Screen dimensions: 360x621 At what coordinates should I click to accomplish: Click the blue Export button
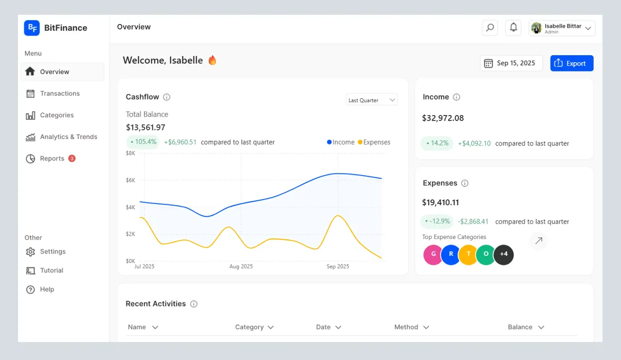pyautogui.click(x=571, y=63)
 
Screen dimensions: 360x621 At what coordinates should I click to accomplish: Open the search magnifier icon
pyautogui.click(x=490, y=28)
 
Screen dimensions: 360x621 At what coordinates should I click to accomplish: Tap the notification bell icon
pyautogui.click(x=513, y=28)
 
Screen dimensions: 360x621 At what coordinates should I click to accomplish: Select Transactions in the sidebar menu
pyautogui.click(x=59, y=93)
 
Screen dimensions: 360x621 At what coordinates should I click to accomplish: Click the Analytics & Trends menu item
pyautogui.click(x=68, y=137)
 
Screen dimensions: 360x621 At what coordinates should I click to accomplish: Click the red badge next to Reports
pyautogui.click(x=72, y=158)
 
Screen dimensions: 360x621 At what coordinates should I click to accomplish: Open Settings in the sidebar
pyautogui.click(x=52, y=251)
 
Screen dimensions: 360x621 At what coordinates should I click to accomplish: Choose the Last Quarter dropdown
pyautogui.click(x=371, y=100)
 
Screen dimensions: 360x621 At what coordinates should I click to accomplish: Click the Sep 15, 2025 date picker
pyautogui.click(x=511, y=63)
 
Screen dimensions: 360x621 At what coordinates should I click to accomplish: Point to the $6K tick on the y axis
pyautogui.click(x=131, y=180)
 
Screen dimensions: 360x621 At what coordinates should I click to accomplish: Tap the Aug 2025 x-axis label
pyautogui.click(x=241, y=267)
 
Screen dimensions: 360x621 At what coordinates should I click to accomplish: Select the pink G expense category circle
pyautogui.click(x=433, y=254)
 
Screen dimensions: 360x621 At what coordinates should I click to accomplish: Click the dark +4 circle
pyautogui.click(x=503, y=254)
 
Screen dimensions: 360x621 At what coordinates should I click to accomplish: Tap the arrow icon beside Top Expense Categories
pyautogui.click(x=538, y=241)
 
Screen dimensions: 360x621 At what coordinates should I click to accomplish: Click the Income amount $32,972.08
pyautogui.click(x=443, y=118)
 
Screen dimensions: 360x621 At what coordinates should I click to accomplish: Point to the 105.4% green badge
pyautogui.click(x=143, y=142)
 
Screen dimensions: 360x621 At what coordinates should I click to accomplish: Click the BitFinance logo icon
pyautogui.click(x=32, y=28)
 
